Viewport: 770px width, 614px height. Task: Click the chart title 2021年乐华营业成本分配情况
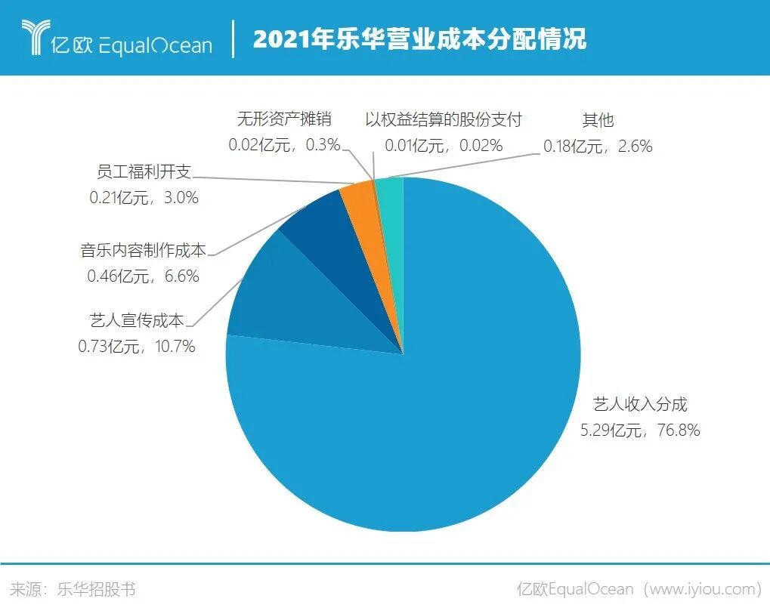[419, 39]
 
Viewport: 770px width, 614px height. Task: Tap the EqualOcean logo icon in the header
[34, 38]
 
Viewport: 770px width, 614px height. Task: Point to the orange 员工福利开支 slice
[358, 198]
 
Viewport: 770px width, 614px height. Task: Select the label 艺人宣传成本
[137, 320]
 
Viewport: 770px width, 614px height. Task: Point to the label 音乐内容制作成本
[143, 250]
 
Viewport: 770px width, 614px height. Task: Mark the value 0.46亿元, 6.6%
[143, 276]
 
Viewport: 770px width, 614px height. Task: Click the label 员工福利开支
[143, 171]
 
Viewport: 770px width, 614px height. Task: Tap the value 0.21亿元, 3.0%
[143, 198]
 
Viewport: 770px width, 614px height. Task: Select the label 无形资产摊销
[284, 119]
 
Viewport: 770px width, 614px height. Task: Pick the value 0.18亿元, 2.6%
[598, 146]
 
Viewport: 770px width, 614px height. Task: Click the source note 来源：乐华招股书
[73, 589]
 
